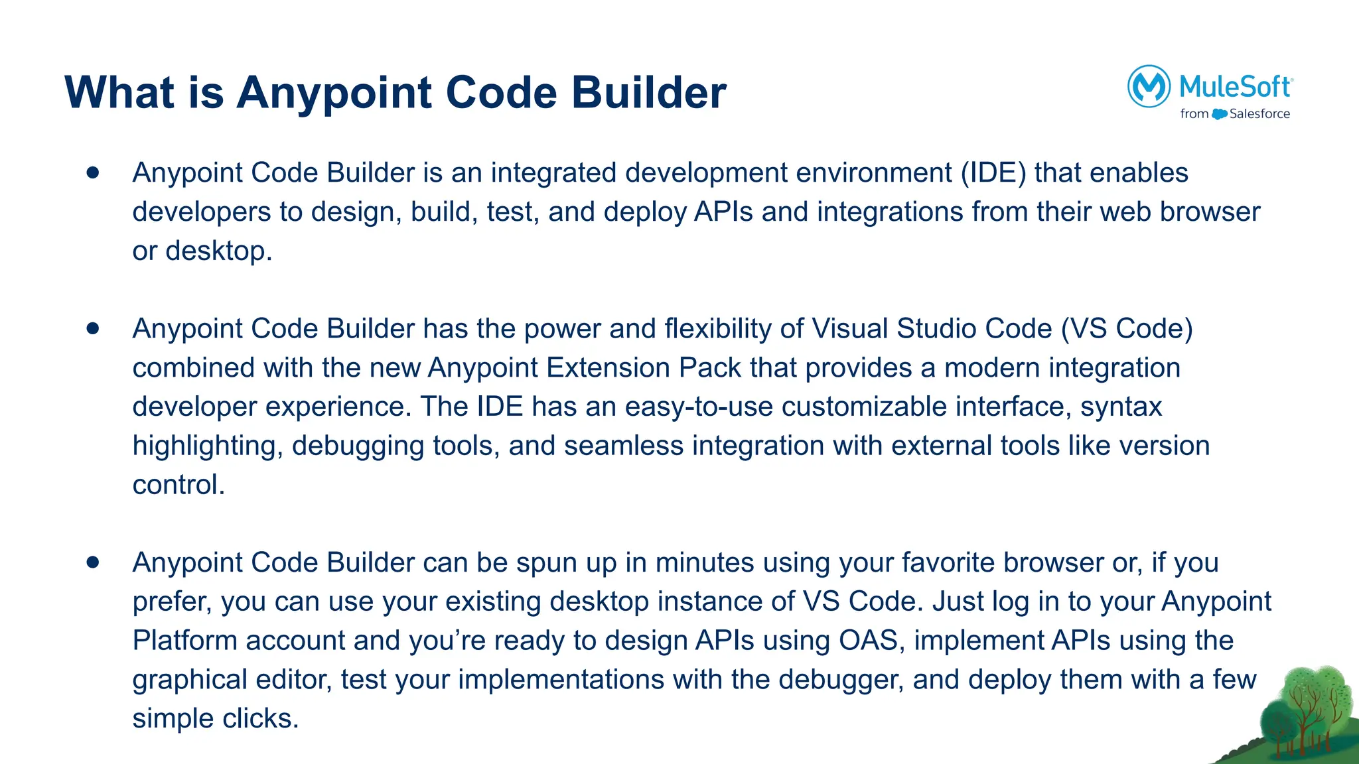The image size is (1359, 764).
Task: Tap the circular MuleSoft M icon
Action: (x=1149, y=86)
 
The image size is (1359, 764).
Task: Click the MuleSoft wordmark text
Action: (x=1235, y=86)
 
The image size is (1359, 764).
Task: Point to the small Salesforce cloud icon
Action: (x=1219, y=114)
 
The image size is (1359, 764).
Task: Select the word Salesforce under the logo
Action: (x=1259, y=114)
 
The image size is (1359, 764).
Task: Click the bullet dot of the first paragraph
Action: (x=93, y=172)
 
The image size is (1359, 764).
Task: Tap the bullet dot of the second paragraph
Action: (x=93, y=328)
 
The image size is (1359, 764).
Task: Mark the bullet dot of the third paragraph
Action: (x=93, y=562)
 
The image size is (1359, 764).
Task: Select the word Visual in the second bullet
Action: (x=850, y=328)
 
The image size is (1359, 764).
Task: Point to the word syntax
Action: (x=1121, y=407)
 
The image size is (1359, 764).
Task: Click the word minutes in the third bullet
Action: (x=705, y=562)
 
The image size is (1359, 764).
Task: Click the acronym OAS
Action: (x=868, y=641)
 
